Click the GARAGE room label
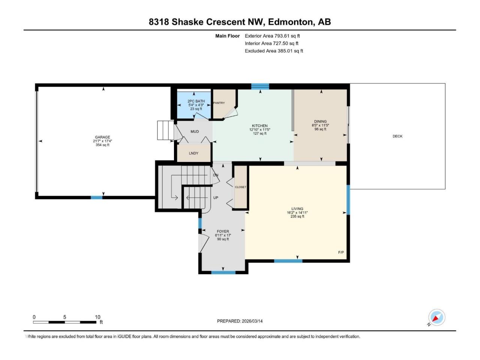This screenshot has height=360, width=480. [x=102, y=137]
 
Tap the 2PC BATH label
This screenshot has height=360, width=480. [x=196, y=101]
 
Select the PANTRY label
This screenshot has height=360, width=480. [x=219, y=103]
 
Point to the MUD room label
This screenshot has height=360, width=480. [x=195, y=131]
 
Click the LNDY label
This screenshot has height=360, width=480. [x=193, y=153]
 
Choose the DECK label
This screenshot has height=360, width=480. [x=397, y=136]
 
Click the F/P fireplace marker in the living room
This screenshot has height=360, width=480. [x=341, y=252]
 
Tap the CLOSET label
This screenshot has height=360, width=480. [x=240, y=187]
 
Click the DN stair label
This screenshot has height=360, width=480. [x=216, y=175]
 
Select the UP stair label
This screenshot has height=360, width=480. [x=216, y=198]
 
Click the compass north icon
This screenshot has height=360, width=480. [x=436, y=317]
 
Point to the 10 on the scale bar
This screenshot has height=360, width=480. [x=97, y=317]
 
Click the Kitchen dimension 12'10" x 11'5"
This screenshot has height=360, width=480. [x=260, y=130]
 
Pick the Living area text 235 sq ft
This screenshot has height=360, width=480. [x=297, y=216]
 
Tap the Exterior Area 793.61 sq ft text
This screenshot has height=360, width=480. [x=272, y=36]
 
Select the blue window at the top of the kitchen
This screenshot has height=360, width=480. [x=260, y=87]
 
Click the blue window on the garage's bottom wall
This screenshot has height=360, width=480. [x=97, y=198]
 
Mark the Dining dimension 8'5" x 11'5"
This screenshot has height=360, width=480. [x=320, y=126]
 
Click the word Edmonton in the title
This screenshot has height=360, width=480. [x=290, y=22]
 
